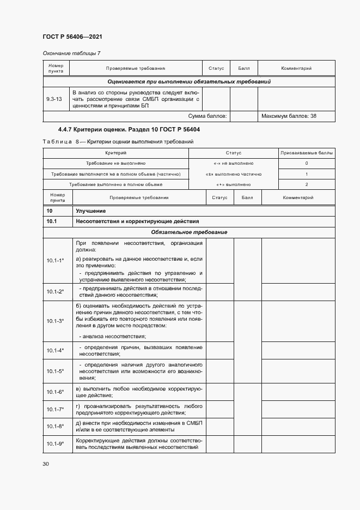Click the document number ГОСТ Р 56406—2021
(x=72, y=37)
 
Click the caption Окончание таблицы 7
(x=71, y=53)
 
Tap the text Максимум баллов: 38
(x=289, y=116)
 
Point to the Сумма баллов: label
(x=208, y=116)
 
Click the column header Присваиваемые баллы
(x=307, y=153)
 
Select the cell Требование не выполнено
(x=115, y=163)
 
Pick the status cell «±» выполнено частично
(x=233, y=174)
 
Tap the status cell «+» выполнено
(x=233, y=184)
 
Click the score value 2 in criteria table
(x=307, y=184)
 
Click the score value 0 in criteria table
(x=307, y=163)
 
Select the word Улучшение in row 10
(x=91, y=211)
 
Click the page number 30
(x=46, y=464)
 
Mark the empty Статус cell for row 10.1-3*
(x=219, y=321)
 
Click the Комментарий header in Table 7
(x=296, y=69)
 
